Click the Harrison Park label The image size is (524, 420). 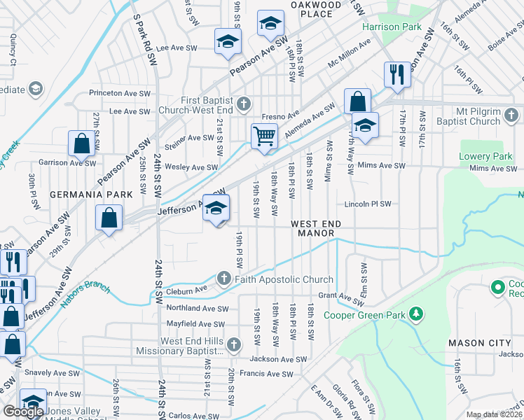pyautogui.click(x=392, y=27)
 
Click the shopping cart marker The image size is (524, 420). pyautogui.click(x=265, y=136)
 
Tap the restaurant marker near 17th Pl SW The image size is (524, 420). pyautogui.click(x=397, y=74)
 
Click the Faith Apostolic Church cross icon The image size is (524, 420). pyautogui.click(x=224, y=279)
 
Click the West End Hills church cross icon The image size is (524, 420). pyautogui.click(x=234, y=345)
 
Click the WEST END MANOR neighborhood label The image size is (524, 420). pyautogui.click(x=316, y=227)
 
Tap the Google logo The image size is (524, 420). pyautogui.click(x=24, y=412)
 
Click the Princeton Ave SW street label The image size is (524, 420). pyautogui.click(x=120, y=92)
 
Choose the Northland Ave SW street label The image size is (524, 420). pyautogui.click(x=198, y=308)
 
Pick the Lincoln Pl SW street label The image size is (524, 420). pyautogui.click(x=368, y=204)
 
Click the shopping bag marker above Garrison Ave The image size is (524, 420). pyautogui.click(x=82, y=145)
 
